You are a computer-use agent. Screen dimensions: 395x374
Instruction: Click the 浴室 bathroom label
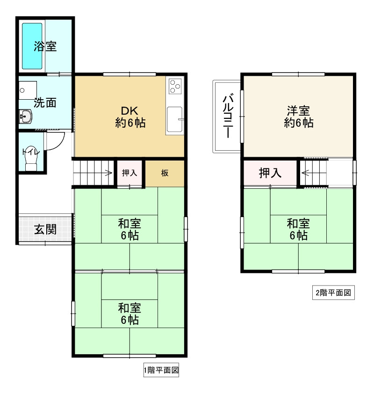45,46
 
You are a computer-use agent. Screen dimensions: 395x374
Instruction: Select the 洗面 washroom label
45,103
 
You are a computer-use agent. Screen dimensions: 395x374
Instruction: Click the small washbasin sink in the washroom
25,116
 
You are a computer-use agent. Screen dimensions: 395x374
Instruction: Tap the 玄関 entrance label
45,230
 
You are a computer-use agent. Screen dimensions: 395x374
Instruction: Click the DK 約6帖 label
130,117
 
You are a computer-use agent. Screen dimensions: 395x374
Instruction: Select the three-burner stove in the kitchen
175,86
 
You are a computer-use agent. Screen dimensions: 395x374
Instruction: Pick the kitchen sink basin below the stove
175,120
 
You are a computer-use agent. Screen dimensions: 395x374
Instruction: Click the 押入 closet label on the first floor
129,173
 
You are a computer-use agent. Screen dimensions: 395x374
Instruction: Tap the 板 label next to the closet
165,173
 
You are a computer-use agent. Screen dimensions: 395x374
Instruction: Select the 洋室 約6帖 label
298,117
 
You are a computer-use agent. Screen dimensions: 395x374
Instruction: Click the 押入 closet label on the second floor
270,173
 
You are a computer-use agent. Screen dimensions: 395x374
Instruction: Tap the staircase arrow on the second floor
305,173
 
